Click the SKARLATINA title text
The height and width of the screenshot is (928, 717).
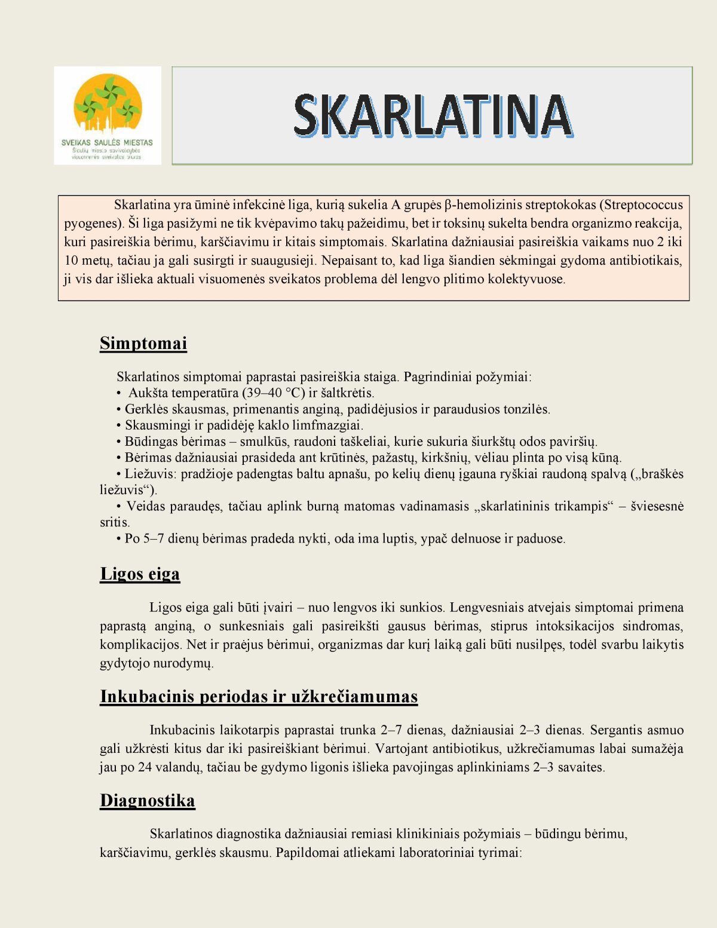[432, 115]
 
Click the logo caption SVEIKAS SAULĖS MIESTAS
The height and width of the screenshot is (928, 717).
[107, 143]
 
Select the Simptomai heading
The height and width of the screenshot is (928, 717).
[143, 343]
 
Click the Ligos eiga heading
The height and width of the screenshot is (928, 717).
[140, 574]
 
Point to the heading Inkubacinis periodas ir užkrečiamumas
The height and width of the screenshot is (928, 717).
[259, 697]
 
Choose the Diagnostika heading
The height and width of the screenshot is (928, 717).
[148, 801]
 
